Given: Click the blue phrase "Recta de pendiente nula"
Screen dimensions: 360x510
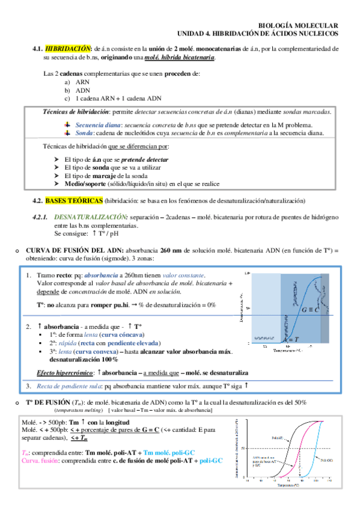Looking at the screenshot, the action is point(69,386).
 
